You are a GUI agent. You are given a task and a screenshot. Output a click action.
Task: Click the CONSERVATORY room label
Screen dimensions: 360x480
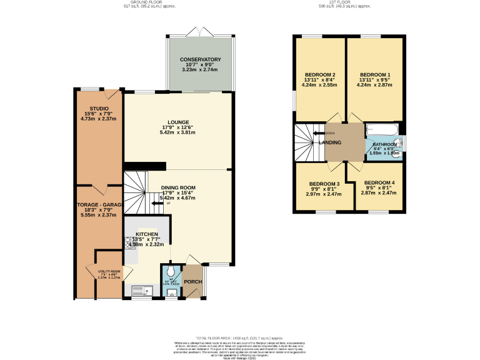[201, 59]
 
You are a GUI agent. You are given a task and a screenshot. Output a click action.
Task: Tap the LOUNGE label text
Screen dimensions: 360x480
[178, 122]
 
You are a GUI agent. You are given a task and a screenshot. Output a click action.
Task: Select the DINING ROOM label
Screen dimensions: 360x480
[178, 187]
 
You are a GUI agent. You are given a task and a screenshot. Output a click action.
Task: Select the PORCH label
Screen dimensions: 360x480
[192, 282]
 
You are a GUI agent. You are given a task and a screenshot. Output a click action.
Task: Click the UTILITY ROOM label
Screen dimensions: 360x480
[109, 272]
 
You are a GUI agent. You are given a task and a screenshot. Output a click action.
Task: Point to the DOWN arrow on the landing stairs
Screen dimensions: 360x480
[327, 133]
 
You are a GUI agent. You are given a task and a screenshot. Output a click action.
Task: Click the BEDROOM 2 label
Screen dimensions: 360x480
[319, 75]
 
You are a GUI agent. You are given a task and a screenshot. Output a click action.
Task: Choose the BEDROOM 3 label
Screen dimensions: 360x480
[324, 184]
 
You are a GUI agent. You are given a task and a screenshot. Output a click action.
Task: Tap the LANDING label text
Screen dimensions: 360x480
[330, 143]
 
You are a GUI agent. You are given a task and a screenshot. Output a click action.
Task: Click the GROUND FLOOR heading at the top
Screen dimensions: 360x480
[147, 2]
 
